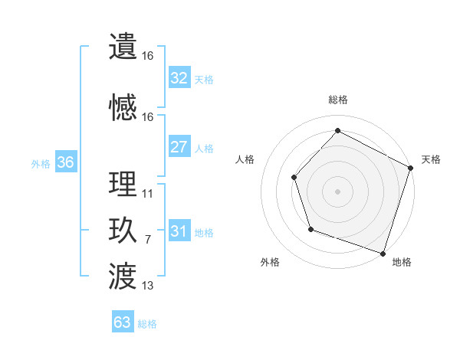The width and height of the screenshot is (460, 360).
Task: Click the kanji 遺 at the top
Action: [123, 47]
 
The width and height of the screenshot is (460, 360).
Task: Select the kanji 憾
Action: [123, 107]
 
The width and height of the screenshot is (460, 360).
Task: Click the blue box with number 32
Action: [179, 77]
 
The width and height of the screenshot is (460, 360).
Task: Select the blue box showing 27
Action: [179, 147]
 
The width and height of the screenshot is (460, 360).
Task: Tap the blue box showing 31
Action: [179, 231]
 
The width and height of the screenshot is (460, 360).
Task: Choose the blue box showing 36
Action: [65, 162]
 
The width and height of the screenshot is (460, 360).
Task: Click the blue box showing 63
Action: [123, 322]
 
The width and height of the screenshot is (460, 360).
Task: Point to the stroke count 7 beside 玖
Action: [147, 240]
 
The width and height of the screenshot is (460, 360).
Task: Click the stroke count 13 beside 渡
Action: [148, 286]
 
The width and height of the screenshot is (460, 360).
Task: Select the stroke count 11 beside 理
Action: [148, 194]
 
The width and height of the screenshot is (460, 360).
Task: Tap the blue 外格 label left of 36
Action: [41, 163]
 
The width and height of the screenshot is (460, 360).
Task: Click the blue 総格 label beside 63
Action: [147, 323]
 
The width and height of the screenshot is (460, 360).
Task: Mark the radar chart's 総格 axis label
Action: [338, 100]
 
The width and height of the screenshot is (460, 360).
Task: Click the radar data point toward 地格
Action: [383, 252]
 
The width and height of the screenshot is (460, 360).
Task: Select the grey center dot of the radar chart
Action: [337, 191]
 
